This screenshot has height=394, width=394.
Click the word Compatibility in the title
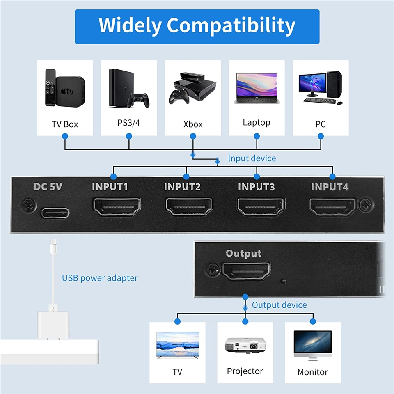pyautogui.click(x=231, y=25)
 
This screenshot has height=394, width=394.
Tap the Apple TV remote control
pyautogui.click(x=50, y=88)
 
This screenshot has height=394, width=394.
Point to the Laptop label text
pyautogui.click(x=257, y=122)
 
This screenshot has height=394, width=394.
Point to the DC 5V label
pyautogui.click(x=48, y=187)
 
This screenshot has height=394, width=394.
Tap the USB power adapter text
pyautogui.click(x=100, y=278)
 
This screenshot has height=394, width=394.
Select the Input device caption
pyautogui.click(x=252, y=158)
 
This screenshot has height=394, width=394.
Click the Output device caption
pyautogui.click(x=279, y=305)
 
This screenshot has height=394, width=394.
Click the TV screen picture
pyautogui.click(x=178, y=345)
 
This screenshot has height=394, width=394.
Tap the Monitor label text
pyautogui.click(x=312, y=372)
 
